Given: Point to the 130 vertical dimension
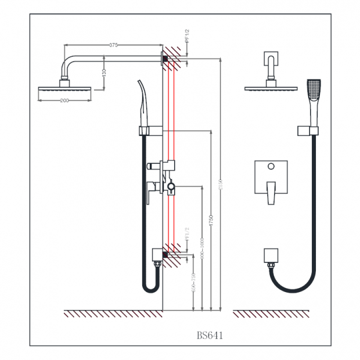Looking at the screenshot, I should (104, 73).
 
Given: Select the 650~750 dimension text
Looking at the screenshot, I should (193, 283).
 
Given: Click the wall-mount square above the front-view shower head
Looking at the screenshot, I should (272, 60).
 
